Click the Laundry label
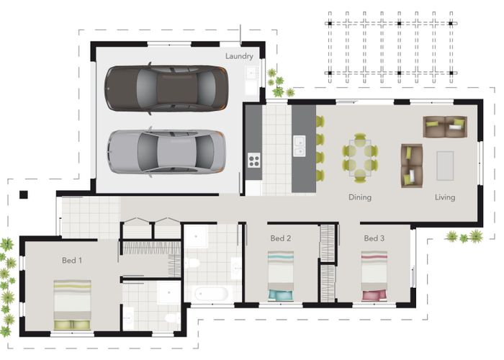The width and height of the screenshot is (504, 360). pyautogui.click(x=239, y=56)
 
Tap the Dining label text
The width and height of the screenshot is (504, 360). pyautogui.click(x=360, y=197)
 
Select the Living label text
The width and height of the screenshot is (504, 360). pyautogui.click(x=445, y=197)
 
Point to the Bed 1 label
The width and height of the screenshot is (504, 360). pyautogui.click(x=72, y=260)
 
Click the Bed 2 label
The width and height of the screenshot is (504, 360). pyautogui.click(x=281, y=238)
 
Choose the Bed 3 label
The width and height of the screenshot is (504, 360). pyautogui.click(x=374, y=238)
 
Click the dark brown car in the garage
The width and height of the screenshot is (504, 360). pyautogui.click(x=166, y=88)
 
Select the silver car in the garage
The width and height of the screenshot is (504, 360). pyautogui.click(x=166, y=152)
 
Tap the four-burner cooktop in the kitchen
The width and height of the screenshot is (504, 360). pyautogui.click(x=254, y=160)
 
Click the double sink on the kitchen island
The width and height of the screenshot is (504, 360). pyautogui.click(x=300, y=146)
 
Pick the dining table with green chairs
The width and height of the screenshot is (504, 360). pyautogui.click(x=360, y=158)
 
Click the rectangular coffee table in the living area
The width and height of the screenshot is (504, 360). pyautogui.click(x=445, y=166)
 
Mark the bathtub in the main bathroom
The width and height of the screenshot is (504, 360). pyautogui.click(x=211, y=294)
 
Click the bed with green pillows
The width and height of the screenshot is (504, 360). pyautogui.click(x=72, y=305)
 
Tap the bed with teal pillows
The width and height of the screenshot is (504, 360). pyautogui.click(x=281, y=276)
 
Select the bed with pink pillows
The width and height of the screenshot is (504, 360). pyautogui.click(x=374, y=276)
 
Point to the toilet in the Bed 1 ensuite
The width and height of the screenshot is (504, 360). pyautogui.click(x=173, y=318)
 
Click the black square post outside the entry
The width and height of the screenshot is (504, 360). pyautogui.click(x=24, y=195)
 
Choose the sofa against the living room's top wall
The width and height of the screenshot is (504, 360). pyautogui.click(x=445, y=127)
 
